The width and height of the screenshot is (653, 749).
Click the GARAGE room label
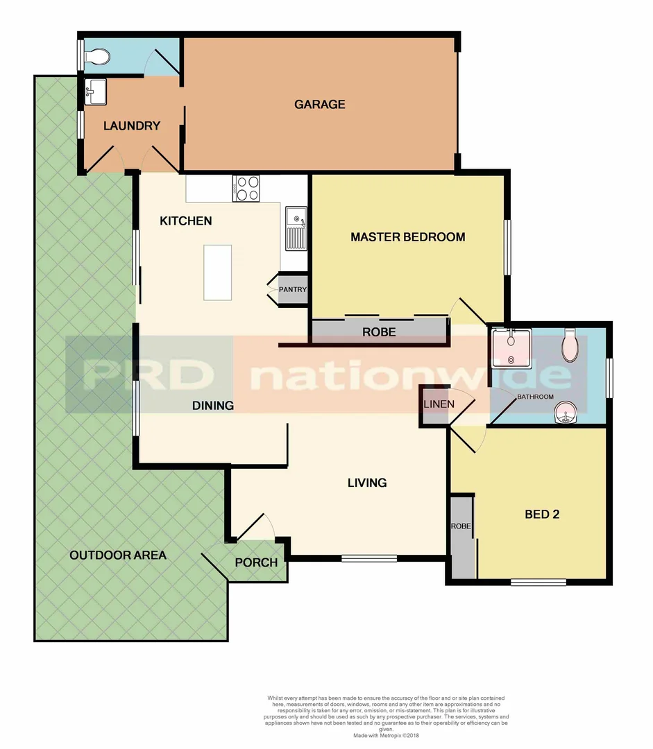pyautogui.click(x=319, y=105)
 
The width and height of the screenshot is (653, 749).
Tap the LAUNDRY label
pyautogui.click(x=132, y=126)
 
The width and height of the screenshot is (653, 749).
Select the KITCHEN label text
pyautogui.click(x=186, y=221)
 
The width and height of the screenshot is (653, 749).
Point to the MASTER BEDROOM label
pyautogui.click(x=407, y=237)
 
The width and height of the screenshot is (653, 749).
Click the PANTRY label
pyautogui.click(x=293, y=290)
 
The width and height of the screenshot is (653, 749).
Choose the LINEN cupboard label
pyautogui.click(x=439, y=404)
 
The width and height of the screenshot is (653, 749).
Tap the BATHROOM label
pyautogui.click(x=535, y=397)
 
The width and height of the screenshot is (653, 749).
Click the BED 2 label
pyautogui.click(x=542, y=515)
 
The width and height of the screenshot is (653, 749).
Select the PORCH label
pyautogui.click(x=256, y=562)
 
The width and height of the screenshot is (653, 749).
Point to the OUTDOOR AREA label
pyautogui.click(x=118, y=556)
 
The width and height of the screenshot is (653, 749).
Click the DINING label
pyautogui.click(x=213, y=406)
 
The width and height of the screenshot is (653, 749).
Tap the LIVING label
pyautogui.click(x=367, y=483)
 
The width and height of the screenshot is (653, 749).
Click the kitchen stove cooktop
pyautogui.click(x=246, y=189)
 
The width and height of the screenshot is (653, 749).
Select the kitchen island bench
pyautogui.click(x=217, y=273)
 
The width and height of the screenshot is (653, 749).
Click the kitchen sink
pyautogui.click(x=296, y=230)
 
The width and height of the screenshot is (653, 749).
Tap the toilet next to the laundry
pyautogui.click(x=95, y=55)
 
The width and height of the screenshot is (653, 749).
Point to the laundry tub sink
pyautogui.click(x=96, y=92)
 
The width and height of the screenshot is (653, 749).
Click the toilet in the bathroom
pyautogui.click(x=570, y=345)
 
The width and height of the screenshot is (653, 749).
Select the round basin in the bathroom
pyautogui.click(x=567, y=415)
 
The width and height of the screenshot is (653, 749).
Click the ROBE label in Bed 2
pyautogui.click(x=461, y=526)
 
